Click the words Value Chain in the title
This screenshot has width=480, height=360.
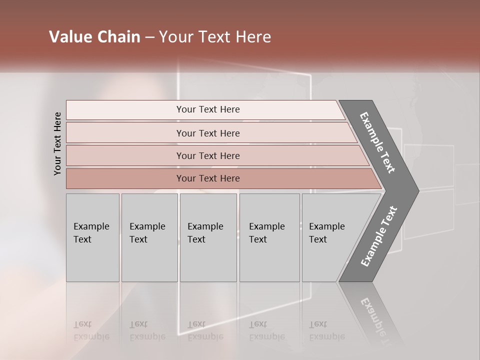tap(94, 37)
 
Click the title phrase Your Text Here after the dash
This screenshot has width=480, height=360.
tap(215, 37)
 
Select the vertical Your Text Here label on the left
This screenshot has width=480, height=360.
tap(57, 143)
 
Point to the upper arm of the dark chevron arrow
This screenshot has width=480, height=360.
tap(377, 142)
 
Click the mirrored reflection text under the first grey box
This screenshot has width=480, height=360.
tap(91, 330)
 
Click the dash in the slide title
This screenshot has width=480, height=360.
tap(149, 37)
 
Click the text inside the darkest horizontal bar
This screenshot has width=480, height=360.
tap(208, 178)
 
